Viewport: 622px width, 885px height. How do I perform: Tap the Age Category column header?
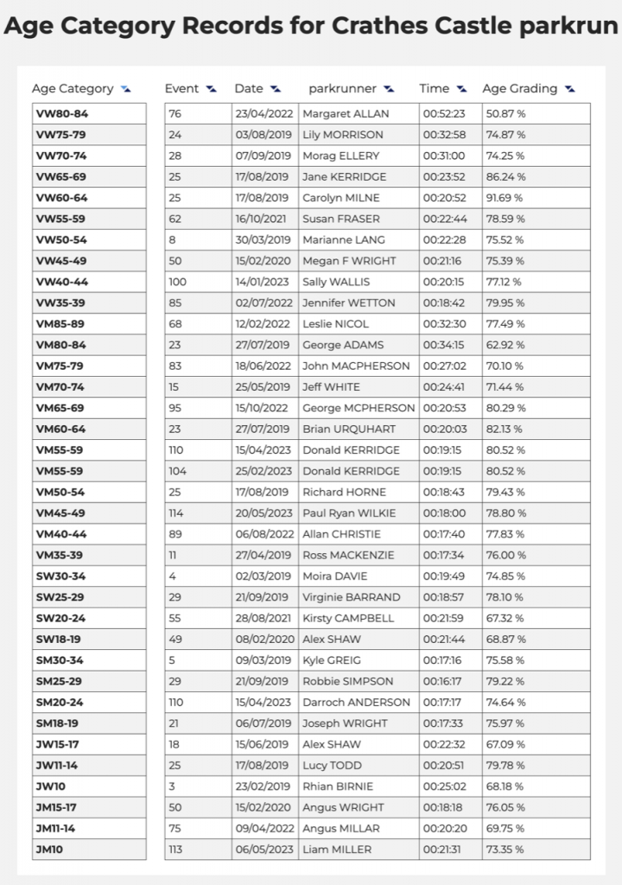pyautogui.click(x=73, y=88)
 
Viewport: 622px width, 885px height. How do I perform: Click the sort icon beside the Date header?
pyautogui.click(x=276, y=88)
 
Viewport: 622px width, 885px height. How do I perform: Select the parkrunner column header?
pyautogui.click(x=342, y=88)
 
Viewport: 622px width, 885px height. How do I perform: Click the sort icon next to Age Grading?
pyautogui.click(x=569, y=88)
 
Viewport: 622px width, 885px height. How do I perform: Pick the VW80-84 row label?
pyautogui.click(x=61, y=113)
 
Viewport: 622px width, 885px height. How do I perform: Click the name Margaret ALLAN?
pyautogui.click(x=346, y=113)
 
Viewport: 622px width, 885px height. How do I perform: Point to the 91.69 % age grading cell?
pyautogui.click(x=505, y=198)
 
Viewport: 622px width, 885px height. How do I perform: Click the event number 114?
pyautogui.click(x=176, y=513)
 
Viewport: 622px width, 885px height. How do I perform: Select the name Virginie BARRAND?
pyautogui.click(x=352, y=597)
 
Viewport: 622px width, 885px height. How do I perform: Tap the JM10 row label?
pyautogui.click(x=49, y=849)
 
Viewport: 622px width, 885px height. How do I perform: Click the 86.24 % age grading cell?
pyautogui.click(x=505, y=176)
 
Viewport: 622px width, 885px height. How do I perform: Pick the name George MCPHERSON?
pyautogui.click(x=359, y=408)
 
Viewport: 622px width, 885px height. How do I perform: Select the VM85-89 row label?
pyautogui.click(x=61, y=324)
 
